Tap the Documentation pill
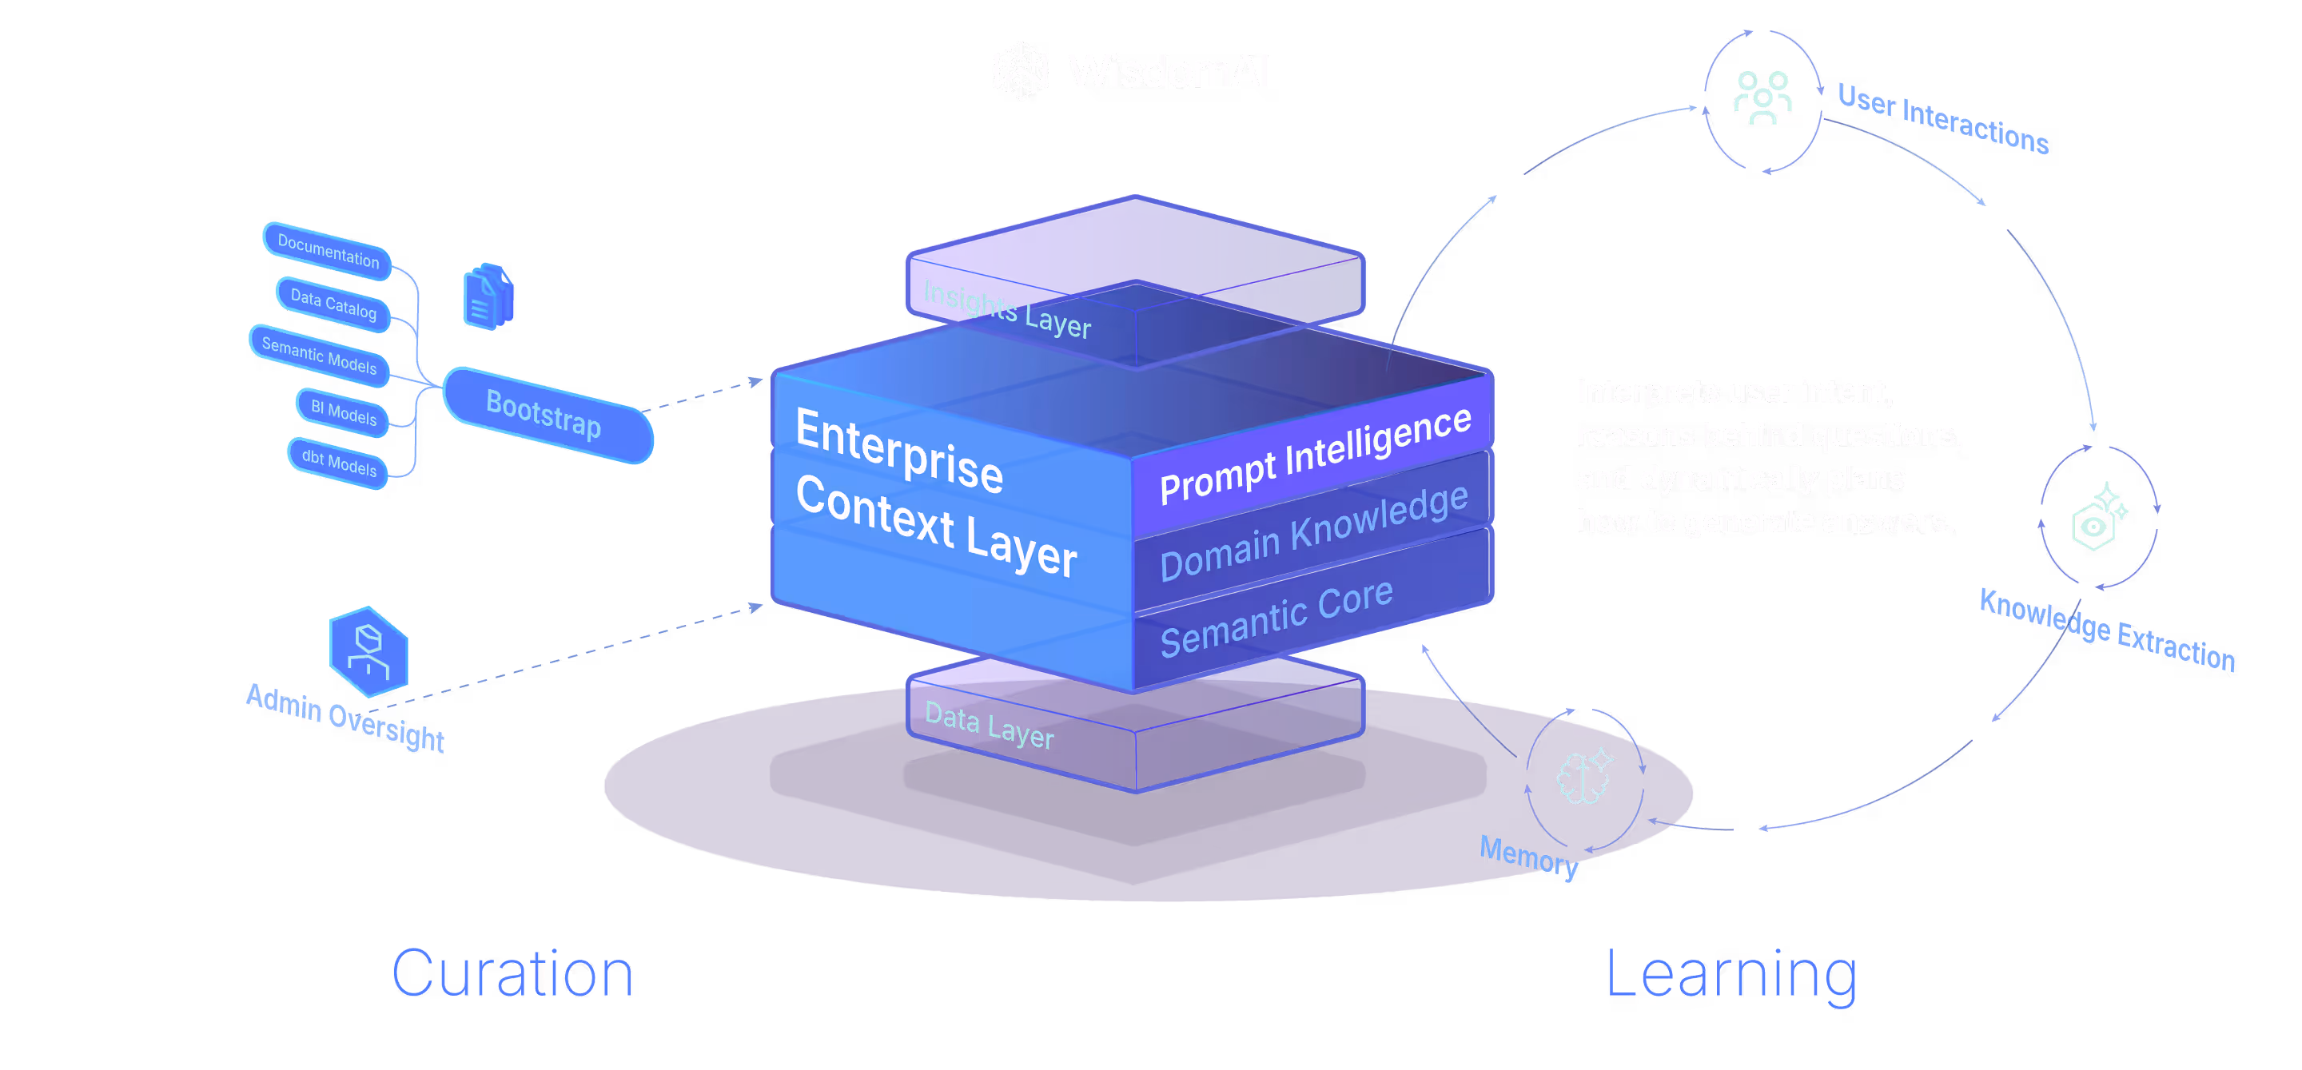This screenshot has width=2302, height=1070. point(327,251)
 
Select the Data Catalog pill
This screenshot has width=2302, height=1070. point(333,304)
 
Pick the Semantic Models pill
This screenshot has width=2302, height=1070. point(319,356)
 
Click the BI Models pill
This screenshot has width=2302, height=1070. point(343,412)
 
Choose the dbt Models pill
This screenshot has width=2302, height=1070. point(339,463)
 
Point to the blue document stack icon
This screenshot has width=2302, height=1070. point(488,297)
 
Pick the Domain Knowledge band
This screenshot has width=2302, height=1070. point(1312,533)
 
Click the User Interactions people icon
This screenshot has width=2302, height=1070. point(1762,98)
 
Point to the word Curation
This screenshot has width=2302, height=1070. point(513,973)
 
